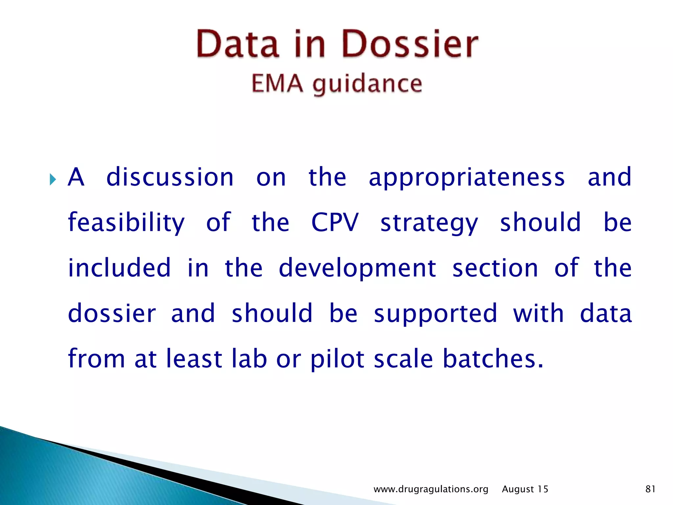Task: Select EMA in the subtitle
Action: coord(277,84)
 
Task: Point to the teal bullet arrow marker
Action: coord(53,180)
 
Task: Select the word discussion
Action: coord(170,177)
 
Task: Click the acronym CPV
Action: coord(335,223)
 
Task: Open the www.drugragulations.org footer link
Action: coord(431,489)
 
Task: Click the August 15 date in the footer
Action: coord(525,489)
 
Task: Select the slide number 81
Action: coord(650,489)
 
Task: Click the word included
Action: coord(119,268)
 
